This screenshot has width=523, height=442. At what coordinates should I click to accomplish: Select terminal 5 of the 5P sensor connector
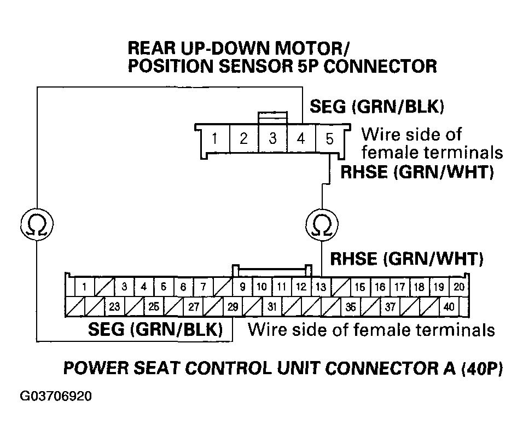coord(329,139)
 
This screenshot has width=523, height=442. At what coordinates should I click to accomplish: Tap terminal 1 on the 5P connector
coord(215,139)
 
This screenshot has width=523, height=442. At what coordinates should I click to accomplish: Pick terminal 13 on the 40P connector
coord(322,287)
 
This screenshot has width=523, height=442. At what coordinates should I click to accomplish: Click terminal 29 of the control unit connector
coord(233,307)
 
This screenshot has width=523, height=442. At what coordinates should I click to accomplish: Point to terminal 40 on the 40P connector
coord(449,307)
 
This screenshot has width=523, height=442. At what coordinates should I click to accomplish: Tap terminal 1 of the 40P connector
coord(84,287)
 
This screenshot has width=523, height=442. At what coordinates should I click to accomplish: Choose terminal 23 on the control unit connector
coord(114,307)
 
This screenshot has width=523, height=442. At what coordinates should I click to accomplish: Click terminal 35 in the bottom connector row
coord(351,307)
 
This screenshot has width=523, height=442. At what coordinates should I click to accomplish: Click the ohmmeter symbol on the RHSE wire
coord(320,224)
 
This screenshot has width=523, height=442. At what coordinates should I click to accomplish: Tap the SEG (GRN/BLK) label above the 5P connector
coord(376,107)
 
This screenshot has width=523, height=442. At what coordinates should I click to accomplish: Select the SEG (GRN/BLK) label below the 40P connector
coord(155,330)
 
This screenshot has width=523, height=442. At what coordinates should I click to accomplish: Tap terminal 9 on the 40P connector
coord(242,287)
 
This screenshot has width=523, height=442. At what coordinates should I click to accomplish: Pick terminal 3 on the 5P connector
coord(272,139)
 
